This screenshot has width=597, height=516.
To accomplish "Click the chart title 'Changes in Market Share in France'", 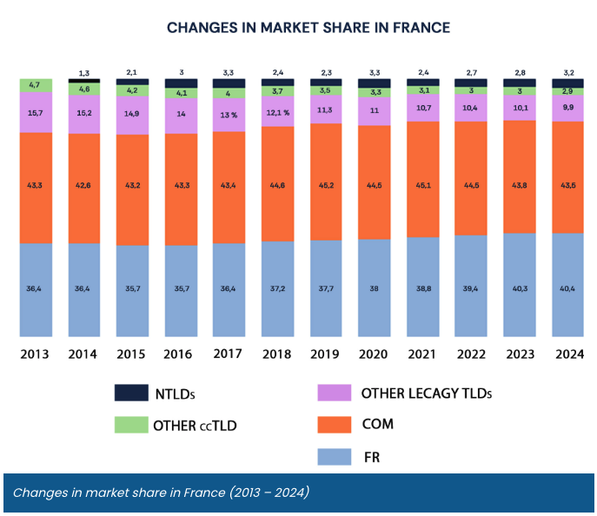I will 308,28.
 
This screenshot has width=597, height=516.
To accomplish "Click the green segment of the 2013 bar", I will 36,85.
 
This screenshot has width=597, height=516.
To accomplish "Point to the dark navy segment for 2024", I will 567,83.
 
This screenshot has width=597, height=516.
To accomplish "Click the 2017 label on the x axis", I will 229,354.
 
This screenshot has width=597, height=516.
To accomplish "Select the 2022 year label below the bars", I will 471,354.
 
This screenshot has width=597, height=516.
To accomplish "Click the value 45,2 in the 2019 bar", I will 326,184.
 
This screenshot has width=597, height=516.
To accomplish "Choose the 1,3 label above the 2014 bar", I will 85,73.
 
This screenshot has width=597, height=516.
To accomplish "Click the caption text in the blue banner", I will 161,493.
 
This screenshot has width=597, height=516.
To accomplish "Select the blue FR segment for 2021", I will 422,287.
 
